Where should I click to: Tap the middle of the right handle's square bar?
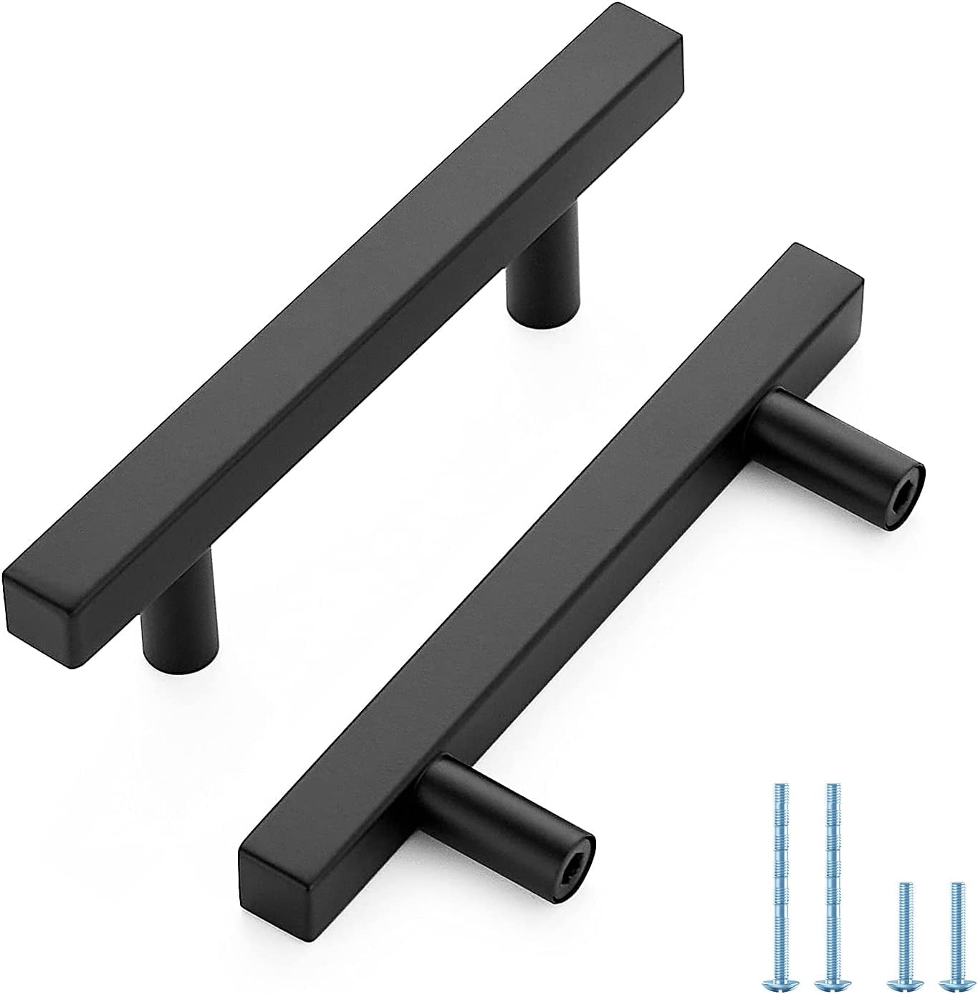point(552,566)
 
